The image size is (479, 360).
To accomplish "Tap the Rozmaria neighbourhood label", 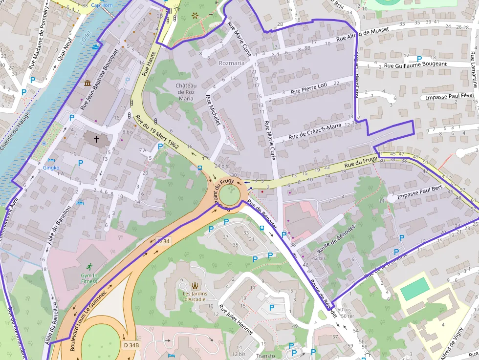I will [232, 63].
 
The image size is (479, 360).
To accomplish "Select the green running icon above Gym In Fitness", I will [89, 267].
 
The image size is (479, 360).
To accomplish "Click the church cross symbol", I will [96, 139].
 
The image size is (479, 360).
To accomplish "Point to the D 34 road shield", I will [163, 241].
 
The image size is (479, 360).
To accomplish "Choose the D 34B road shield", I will [131, 345].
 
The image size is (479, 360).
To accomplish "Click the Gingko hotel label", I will [51, 168].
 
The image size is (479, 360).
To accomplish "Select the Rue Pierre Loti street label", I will [308, 88].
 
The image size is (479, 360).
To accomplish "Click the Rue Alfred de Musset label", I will [362, 34].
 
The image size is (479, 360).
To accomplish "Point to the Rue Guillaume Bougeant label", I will [415, 64].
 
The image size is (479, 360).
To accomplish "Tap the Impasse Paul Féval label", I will [450, 97].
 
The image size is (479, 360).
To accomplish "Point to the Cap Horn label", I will [102, 5].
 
